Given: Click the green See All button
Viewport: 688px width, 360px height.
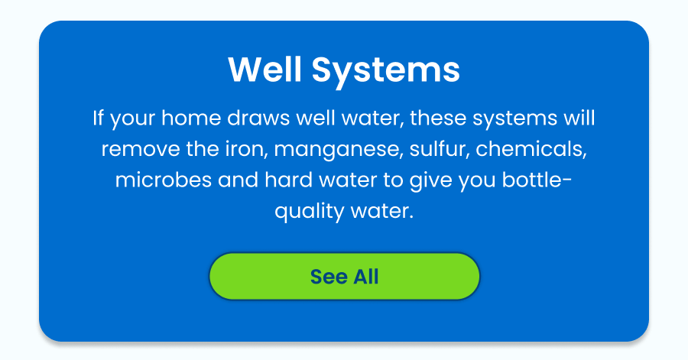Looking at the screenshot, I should [344, 276].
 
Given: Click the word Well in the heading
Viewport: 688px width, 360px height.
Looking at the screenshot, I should [264, 70].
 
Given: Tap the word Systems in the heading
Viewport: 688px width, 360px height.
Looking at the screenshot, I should [385, 70].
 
